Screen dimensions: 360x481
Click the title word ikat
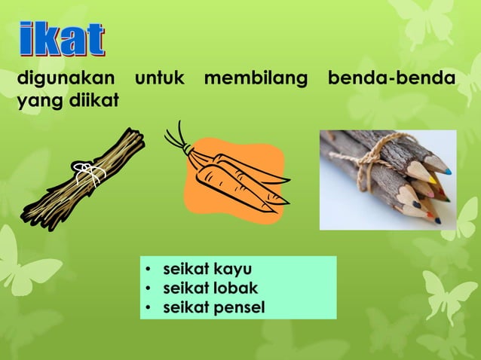pyautogui.click(x=63, y=40)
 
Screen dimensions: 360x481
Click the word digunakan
pyautogui.click(x=66, y=78)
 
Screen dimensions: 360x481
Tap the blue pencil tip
pyautogui.click(x=447, y=172)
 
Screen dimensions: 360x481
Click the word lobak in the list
pyautogui.click(x=236, y=288)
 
